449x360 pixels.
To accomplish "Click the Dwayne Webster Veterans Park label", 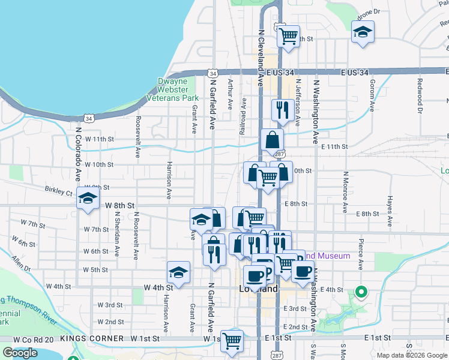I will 178,89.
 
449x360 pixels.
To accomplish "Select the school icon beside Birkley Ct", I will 88,200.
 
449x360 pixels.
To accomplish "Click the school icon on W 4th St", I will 178,273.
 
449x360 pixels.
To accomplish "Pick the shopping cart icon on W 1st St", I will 232,341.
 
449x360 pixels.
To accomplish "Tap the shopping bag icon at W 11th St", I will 273,141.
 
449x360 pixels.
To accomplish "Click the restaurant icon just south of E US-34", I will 281,110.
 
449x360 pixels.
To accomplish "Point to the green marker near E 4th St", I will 361,292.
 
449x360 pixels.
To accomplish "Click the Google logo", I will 20,353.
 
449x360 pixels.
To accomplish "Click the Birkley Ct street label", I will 58,193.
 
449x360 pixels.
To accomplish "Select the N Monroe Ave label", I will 345,193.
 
